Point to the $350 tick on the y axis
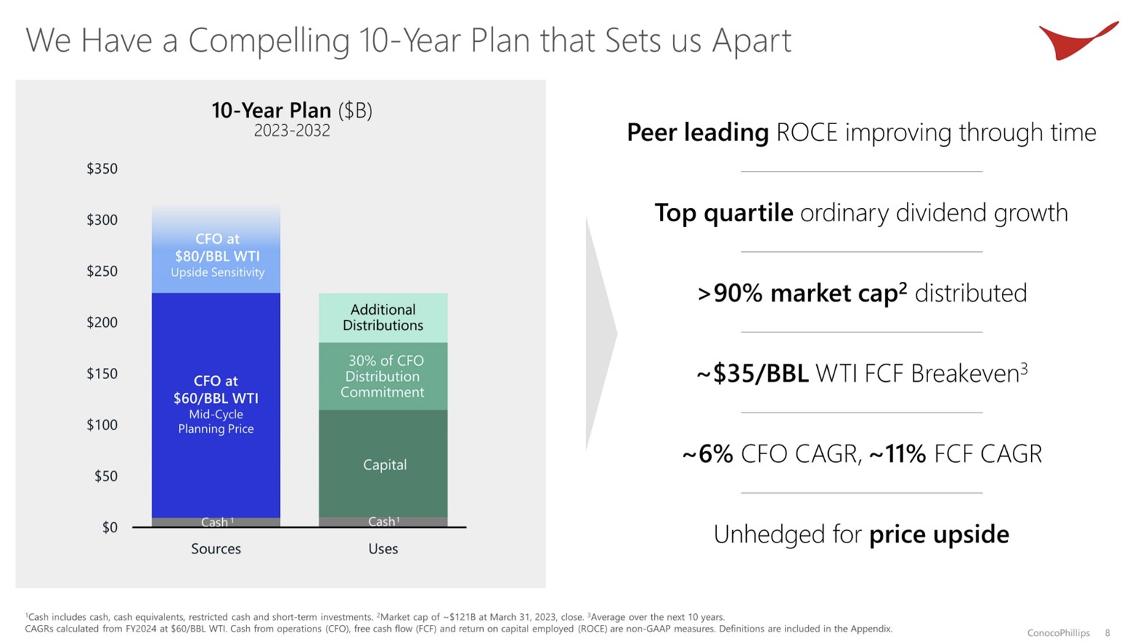tap(102, 169)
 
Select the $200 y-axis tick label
tap(102, 322)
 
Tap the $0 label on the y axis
tap(109, 527)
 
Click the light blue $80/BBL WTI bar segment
tap(216, 252)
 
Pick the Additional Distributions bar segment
tap(383, 318)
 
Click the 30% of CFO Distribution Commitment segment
tap(383, 376)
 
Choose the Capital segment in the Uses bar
tap(384, 464)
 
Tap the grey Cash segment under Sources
tap(216, 522)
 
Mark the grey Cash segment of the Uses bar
tap(383, 521)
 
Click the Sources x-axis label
tap(216, 549)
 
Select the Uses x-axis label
tap(383, 549)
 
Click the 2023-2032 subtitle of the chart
tap(292, 131)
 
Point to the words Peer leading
tap(697, 133)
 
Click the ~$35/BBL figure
tap(753, 374)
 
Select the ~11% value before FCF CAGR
tap(897, 454)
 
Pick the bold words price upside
tap(939, 534)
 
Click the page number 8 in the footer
tap(1107, 633)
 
